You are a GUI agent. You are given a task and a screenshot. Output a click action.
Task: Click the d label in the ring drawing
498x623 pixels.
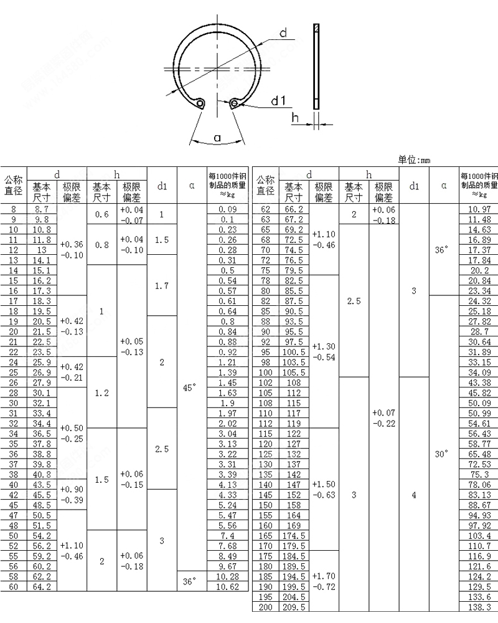pyautogui.click(x=283, y=32)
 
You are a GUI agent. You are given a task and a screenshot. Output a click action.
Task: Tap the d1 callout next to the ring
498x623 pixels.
pyautogui.click(x=278, y=102)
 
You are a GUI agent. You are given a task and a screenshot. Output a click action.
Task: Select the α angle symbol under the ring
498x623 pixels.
pyautogui.click(x=217, y=138)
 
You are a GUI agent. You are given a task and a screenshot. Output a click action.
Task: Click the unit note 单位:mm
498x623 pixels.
pyautogui.click(x=414, y=160)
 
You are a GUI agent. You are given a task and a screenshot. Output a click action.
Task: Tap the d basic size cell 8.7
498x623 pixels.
pyautogui.click(x=42, y=210)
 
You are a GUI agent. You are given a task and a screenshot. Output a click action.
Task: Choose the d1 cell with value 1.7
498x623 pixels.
pyautogui.click(x=162, y=286)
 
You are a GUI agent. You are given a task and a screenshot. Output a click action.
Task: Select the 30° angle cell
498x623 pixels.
pyautogui.click(x=441, y=454)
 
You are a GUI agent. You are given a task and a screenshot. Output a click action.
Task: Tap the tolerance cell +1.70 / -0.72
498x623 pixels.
pyautogui.click(x=323, y=581)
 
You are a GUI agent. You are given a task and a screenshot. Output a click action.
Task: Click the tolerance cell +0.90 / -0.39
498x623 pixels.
pyautogui.click(x=71, y=495)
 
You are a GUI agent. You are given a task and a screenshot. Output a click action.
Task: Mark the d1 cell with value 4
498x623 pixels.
pyautogui.click(x=414, y=495)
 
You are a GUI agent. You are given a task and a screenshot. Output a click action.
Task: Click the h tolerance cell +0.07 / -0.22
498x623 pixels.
pyautogui.click(x=382, y=418)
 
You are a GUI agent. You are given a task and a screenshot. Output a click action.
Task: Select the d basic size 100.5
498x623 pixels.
pyautogui.click(x=293, y=352)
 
